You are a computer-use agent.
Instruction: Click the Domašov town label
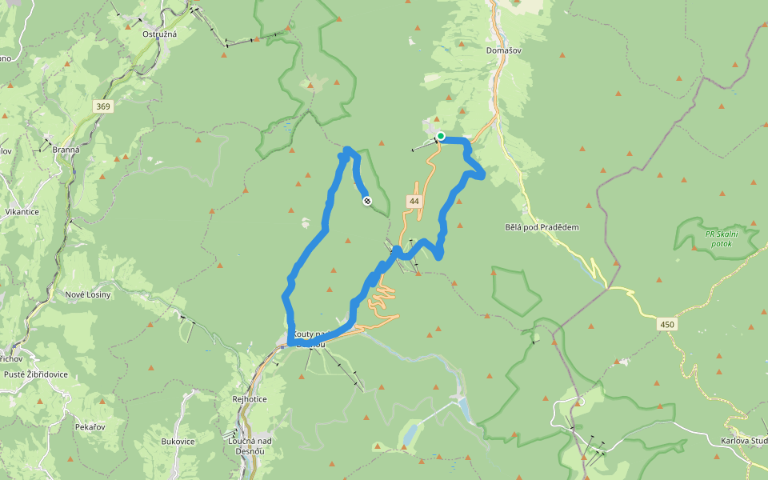coord(504,50)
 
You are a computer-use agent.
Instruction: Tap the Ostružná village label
coord(158,34)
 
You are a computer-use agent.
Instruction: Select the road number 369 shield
coord(102,106)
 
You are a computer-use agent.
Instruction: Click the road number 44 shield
coord(414,202)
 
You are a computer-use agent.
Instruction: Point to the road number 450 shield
coord(666,324)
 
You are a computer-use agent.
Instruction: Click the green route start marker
coord(441,136)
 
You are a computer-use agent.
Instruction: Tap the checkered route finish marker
coord(367,201)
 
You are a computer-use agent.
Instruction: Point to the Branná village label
coord(66,150)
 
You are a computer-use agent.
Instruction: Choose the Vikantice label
coord(22,212)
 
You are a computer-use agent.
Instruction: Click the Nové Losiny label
coord(87,294)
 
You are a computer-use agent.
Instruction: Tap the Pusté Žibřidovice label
coord(36,374)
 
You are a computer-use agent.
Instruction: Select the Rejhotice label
coord(249,399)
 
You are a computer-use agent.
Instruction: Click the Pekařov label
coord(89,427)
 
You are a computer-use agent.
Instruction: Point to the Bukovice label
coord(178,441)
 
